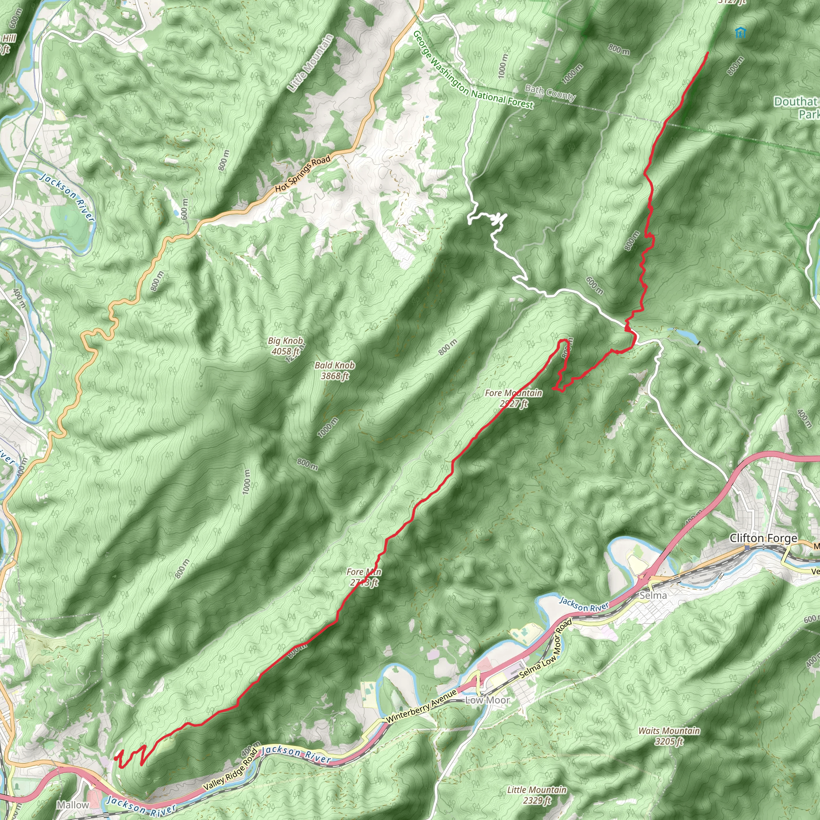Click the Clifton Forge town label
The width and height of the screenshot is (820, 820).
(763, 539)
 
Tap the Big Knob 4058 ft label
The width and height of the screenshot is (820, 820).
(285, 346)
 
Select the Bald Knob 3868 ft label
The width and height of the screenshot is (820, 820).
(334, 370)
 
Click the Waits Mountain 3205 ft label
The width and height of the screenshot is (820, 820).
(669, 736)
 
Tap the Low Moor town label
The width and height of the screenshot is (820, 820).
(488, 700)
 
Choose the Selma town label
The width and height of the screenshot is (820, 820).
(653, 595)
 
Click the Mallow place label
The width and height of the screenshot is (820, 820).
(73, 805)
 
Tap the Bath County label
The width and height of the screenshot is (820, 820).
(550, 92)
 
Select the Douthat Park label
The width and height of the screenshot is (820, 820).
(796, 107)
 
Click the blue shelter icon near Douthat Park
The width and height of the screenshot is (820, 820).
(740, 32)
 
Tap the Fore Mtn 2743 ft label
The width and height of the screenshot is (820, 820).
(364, 577)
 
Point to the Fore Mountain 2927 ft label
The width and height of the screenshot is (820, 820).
(514, 398)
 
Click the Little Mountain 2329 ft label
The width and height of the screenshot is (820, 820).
(537, 794)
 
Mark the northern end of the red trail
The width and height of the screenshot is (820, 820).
(708, 52)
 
